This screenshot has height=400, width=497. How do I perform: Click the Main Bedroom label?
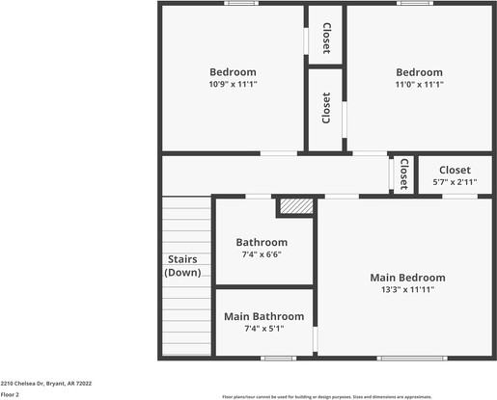407,278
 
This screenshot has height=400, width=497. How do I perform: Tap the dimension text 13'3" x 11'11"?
407,289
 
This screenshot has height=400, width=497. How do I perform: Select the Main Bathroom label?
263,316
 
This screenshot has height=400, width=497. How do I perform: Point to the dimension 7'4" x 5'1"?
263,328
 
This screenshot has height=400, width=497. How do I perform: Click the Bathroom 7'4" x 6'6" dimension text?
262,254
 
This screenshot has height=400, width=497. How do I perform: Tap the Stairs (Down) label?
182,266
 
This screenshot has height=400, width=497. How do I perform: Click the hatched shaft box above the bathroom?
295,205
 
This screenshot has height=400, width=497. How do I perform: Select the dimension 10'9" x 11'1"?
233,84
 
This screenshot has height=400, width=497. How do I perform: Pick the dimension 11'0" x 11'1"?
419,84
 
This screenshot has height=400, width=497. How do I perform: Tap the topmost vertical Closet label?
326,38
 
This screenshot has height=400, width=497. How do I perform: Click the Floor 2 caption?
11,394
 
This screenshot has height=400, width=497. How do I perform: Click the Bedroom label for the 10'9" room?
233,72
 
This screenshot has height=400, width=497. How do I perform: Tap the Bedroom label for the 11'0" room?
419,72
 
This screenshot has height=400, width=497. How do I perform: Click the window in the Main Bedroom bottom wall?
412,359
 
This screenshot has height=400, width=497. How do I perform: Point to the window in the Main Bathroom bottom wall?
278,359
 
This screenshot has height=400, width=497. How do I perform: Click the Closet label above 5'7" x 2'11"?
455,169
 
